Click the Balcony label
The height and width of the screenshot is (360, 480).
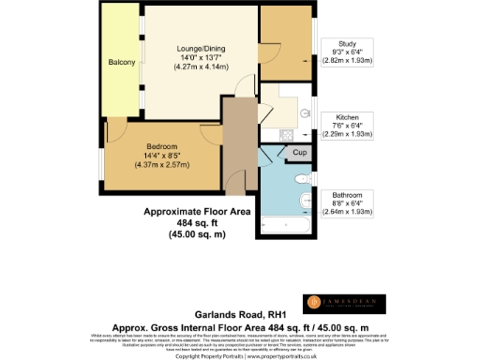122,63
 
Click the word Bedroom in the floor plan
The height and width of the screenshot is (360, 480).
161,145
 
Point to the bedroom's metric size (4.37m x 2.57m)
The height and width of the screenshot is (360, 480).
162,165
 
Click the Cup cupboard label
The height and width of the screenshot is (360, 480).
299,152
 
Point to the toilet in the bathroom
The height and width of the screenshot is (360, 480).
302,178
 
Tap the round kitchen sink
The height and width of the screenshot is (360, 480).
306,113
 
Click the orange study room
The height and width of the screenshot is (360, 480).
285,47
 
